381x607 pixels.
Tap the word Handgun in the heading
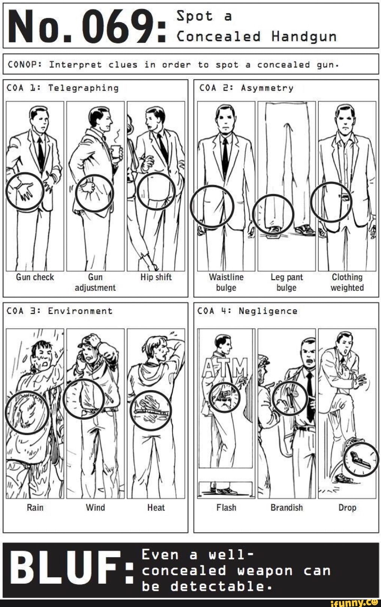(x=304, y=36)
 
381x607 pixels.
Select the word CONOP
(x=24, y=65)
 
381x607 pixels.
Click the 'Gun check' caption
(x=35, y=277)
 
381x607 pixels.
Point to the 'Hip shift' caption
(x=156, y=277)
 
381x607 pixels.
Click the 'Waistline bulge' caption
(x=226, y=282)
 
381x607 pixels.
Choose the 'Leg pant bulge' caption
(x=286, y=282)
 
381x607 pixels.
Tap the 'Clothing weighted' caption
(x=347, y=282)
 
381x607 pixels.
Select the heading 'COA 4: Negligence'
(x=247, y=311)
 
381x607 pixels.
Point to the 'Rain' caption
(x=35, y=508)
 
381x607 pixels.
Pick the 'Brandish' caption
(x=286, y=508)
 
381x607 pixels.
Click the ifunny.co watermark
(x=354, y=602)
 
